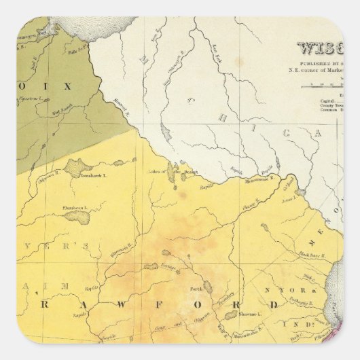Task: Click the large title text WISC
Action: coord(319,49)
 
